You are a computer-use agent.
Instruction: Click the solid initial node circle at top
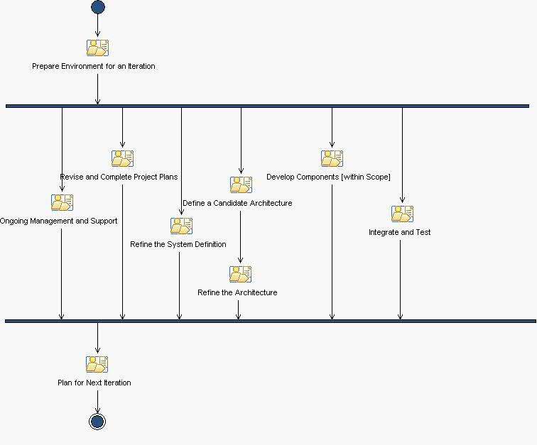click(x=97, y=7)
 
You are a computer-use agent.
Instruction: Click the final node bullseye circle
click(x=97, y=422)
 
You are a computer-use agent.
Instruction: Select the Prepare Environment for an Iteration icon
click(x=97, y=48)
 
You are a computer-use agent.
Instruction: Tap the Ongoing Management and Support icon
click(x=62, y=202)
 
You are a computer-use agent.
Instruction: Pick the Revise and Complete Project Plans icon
click(x=122, y=158)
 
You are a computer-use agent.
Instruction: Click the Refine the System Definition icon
click(x=181, y=226)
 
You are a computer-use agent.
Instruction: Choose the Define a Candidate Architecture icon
click(x=241, y=185)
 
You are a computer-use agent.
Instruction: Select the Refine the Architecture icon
click(x=240, y=274)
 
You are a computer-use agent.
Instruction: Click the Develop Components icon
click(x=332, y=158)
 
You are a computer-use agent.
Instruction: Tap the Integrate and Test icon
click(x=402, y=214)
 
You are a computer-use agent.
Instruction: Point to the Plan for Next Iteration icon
click(x=97, y=364)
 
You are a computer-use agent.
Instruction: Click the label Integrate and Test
click(x=399, y=233)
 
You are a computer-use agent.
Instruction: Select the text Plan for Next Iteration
click(x=94, y=383)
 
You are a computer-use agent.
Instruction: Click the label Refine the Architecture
click(x=237, y=293)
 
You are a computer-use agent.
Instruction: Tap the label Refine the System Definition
click(x=178, y=245)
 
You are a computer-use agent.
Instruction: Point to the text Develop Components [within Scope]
click(x=328, y=177)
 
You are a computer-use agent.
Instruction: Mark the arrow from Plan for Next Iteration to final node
click(x=97, y=400)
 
